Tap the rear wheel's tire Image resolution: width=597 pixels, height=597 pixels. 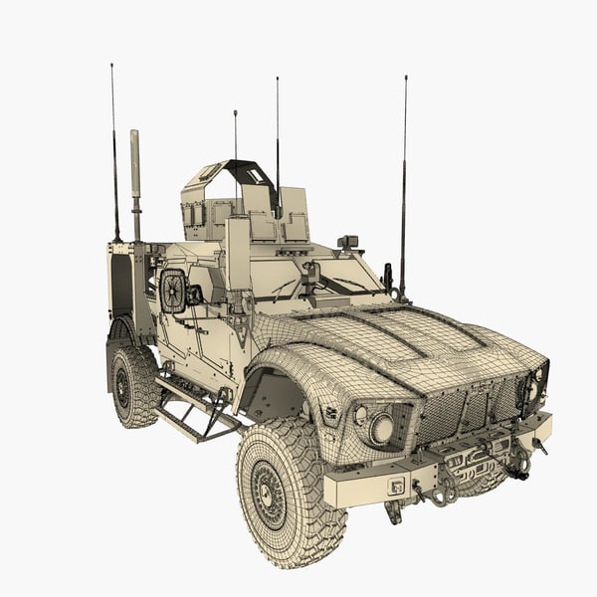(x=132, y=386)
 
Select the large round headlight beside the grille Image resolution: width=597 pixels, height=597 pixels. (x=381, y=430)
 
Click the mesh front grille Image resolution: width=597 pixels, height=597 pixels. (x=469, y=409)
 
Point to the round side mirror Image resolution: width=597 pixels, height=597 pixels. (x=173, y=292)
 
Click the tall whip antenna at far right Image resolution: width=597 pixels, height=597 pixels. (x=404, y=179)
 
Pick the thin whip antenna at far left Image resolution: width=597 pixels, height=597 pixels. (x=113, y=149)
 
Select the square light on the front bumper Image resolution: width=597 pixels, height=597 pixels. (x=396, y=487)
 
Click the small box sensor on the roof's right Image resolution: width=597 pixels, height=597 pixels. (x=348, y=242)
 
